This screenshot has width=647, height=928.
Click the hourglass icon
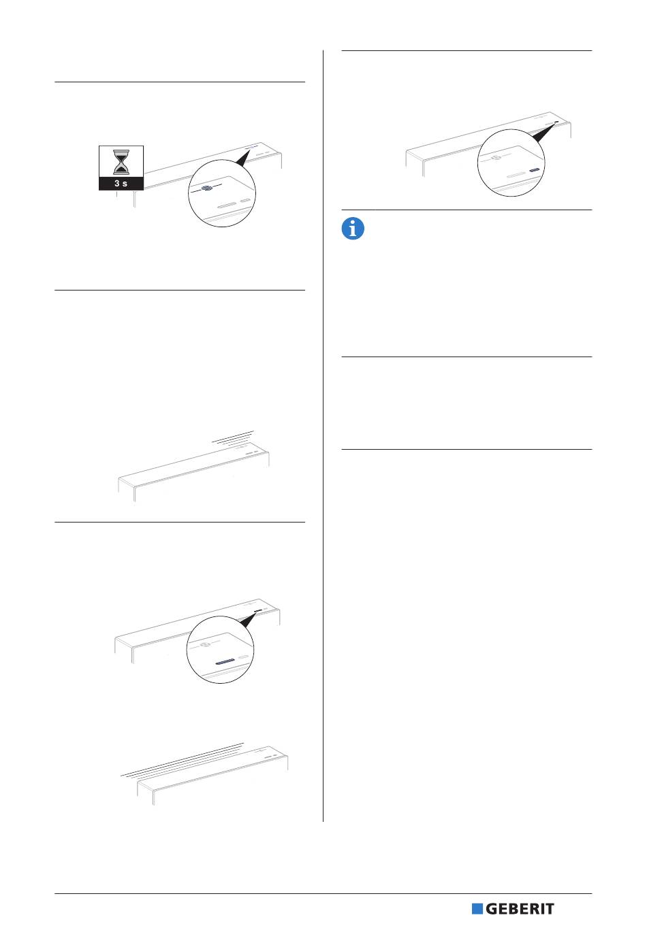[x=121, y=162]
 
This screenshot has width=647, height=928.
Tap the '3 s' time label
[x=121, y=183]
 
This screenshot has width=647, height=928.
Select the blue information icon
[x=353, y=229]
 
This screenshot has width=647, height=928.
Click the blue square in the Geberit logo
[x=477, y=908]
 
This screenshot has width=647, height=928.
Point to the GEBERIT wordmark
[x=520, y=908]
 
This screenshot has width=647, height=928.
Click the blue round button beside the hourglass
[x=206, y=188]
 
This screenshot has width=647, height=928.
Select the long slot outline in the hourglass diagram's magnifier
[x=227, y=205]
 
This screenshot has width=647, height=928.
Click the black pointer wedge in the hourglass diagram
[x=243, y=157]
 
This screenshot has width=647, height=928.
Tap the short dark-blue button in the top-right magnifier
[x=535, y=170]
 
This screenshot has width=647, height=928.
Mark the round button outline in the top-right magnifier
[x=495, y=158]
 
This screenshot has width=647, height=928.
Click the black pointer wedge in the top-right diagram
[x=546, y=132]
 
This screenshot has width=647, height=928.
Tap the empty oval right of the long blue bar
[x=244, y=658]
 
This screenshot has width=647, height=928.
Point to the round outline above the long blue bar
[x=204, y=645]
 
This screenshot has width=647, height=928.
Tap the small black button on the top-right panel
[x=556, y=122]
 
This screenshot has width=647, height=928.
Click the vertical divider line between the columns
[x=323, y=436]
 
